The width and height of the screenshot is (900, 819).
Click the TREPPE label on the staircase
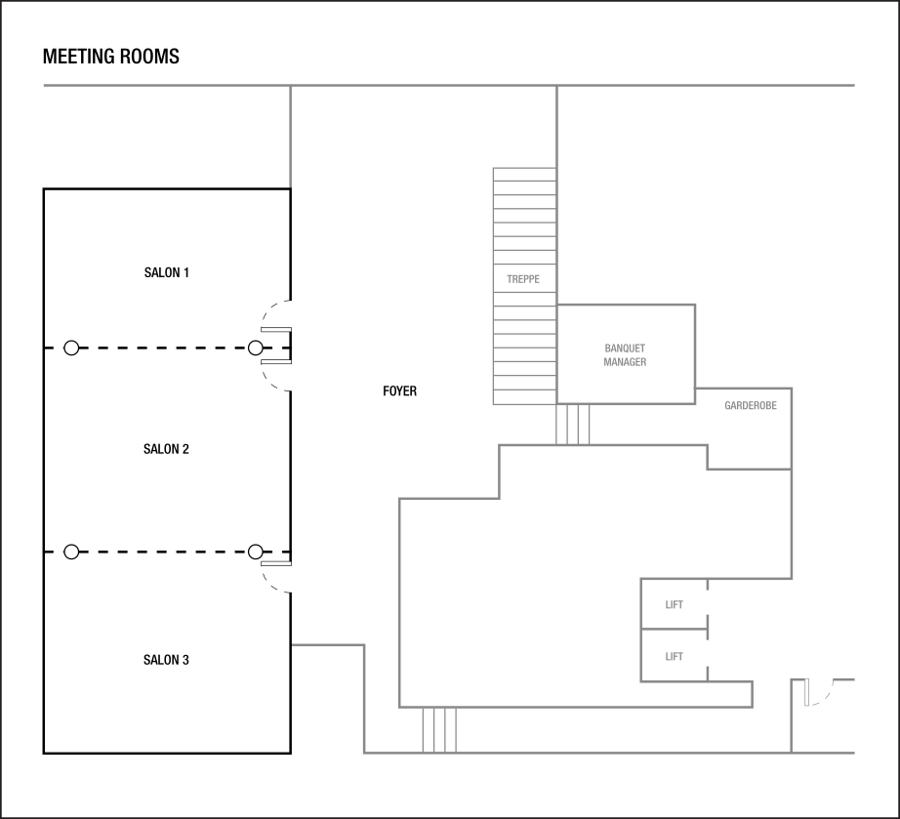[x=523, y=279]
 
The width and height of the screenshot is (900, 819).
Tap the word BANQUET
[x=625, y=348]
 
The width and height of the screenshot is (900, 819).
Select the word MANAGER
[x=625, y=362]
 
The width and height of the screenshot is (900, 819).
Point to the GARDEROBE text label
[x=751, y=406]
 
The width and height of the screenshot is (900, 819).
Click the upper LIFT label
[x=674, y=605]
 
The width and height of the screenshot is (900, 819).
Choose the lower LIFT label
[x=674, y=657]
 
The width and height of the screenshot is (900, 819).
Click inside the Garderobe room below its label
[x=750, y=439]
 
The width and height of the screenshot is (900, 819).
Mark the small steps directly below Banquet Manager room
[x=573, y=425]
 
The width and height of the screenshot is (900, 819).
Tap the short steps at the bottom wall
[x=439, y=730]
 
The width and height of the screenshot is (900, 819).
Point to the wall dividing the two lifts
[x=674, y=630]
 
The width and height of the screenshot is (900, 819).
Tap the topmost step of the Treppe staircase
[x=524, y=174]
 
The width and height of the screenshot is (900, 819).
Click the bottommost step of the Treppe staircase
[x=524, y=397]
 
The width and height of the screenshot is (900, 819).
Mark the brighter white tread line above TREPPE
[x=524, y=252]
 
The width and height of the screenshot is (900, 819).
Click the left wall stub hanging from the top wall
[x=290, y=137]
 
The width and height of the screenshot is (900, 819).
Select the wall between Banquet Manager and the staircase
[x=557, y=353]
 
